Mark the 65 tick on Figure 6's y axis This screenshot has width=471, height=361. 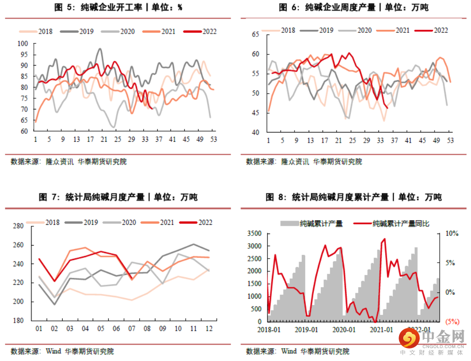(255, 35)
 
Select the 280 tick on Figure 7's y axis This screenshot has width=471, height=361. (18, 226)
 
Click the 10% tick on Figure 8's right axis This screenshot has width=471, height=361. (452, 234)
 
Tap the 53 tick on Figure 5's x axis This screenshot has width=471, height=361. (213, 139)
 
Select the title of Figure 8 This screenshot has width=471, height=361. (353, 197)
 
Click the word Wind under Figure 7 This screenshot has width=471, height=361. (53, 351)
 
